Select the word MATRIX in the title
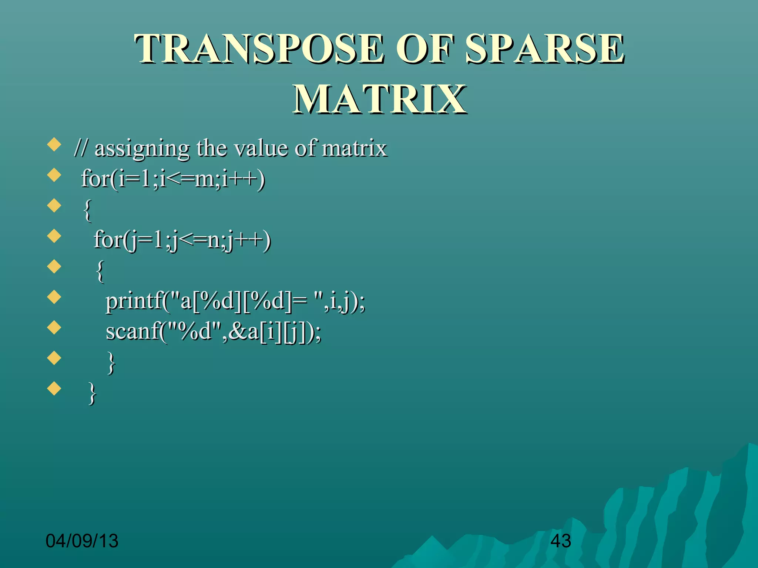pyautogui.click(x=379, y=99)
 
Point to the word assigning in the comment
pyautogui.click(x=142, y=149)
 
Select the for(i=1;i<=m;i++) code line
pyautogui.click(x=173, y=179)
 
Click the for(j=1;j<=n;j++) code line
pyautogui.click(x=182, y=240)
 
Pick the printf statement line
pyautogui.click(x=235, y=301)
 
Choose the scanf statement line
pyautogui.click(x=214, y=331)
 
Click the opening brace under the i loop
pyautogui.click(x=87, y=210)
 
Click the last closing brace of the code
pyautogui.click(x=93, y=393)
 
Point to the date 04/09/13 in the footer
pyautogui.click(x=82, y=541)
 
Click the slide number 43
pyautogui.click(x=560, y=541)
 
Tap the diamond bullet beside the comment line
pyautogui.click(x=54, y=145)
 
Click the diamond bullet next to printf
pyautogui.click(x=54, y=297)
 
